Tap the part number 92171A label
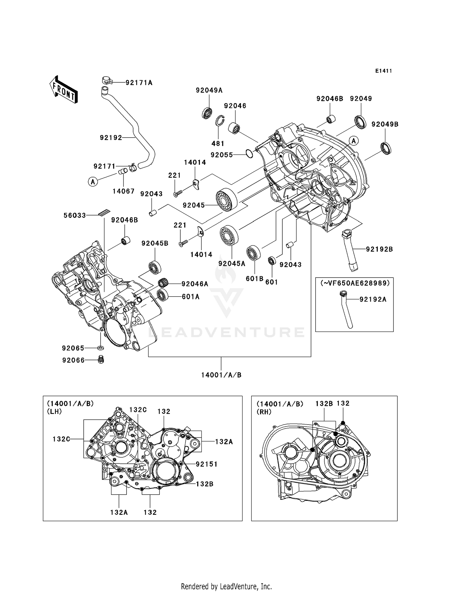point(139,83)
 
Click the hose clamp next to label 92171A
point(107,80)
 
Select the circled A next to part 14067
point(93,182)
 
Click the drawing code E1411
point(384,71)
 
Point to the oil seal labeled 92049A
point(207,113)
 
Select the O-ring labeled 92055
point(249,154)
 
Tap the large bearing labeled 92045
point(226,199)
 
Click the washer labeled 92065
point(101,348)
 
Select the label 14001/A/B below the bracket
point(221,375)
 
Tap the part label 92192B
point(379,249)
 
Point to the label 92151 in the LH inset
point(207,464)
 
